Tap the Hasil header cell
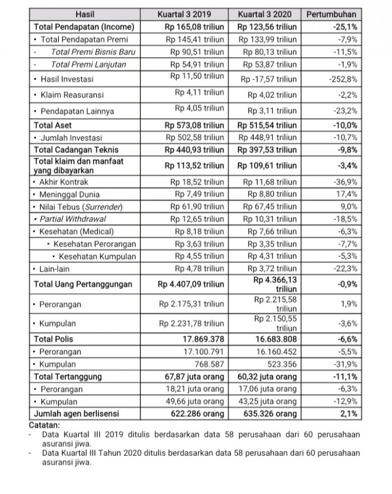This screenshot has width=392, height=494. (x=86, y=14)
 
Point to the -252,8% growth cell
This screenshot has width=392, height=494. (x=343, y=79)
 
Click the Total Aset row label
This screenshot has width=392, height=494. (x=53, y=125)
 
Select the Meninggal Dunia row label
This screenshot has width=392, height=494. (x=69, y=194)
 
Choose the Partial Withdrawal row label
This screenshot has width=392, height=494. (x=72, y=219)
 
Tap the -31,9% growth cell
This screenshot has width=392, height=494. (x=345, y=364)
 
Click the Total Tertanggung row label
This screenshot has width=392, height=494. (x=68, y=377)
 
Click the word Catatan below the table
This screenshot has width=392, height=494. (x=48, y=425)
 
